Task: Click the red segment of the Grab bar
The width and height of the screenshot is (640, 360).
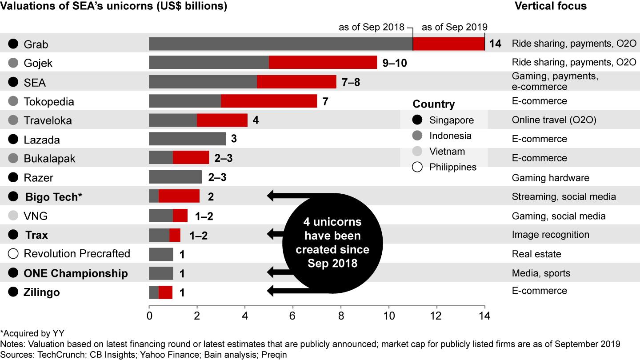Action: pyautogui.click(x=448, y=44)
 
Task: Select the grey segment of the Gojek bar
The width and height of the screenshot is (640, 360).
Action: pyautogui.click(x=209, y=63)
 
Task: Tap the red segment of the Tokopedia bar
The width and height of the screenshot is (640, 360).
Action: pyautogui.click(x=269, y=101)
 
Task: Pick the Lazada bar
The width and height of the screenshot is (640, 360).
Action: pyautogui.click(x=187, y=139)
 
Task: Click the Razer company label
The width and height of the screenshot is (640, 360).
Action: pyautogui.click(x=38, y=178)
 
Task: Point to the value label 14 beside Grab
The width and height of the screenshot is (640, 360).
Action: pyautogui.click(x=496, y=44)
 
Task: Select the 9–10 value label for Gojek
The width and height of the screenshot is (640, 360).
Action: pyautogui.click(x=395, y=63)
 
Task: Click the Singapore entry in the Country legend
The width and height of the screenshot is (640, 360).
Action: pyautogui.click(x=451, y=120)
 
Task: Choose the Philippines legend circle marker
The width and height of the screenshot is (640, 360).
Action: pyautogui.click(x=417, y=167)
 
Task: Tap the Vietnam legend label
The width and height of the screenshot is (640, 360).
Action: pyautogui.click(x=447, y=152)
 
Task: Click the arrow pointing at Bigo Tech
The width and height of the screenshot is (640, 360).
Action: pyautogui.click(x=284, y=196)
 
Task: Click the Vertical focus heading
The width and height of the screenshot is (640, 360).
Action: pyautogui.click(x=551, y=6)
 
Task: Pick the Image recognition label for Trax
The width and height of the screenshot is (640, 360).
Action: pyautogui.click(x=551, y=235)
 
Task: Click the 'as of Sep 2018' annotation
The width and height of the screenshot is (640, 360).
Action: pyautogui.click(x=372, y=27)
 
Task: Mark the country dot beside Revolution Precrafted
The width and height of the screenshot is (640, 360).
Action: pyautogui.click(x=13, y=254)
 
